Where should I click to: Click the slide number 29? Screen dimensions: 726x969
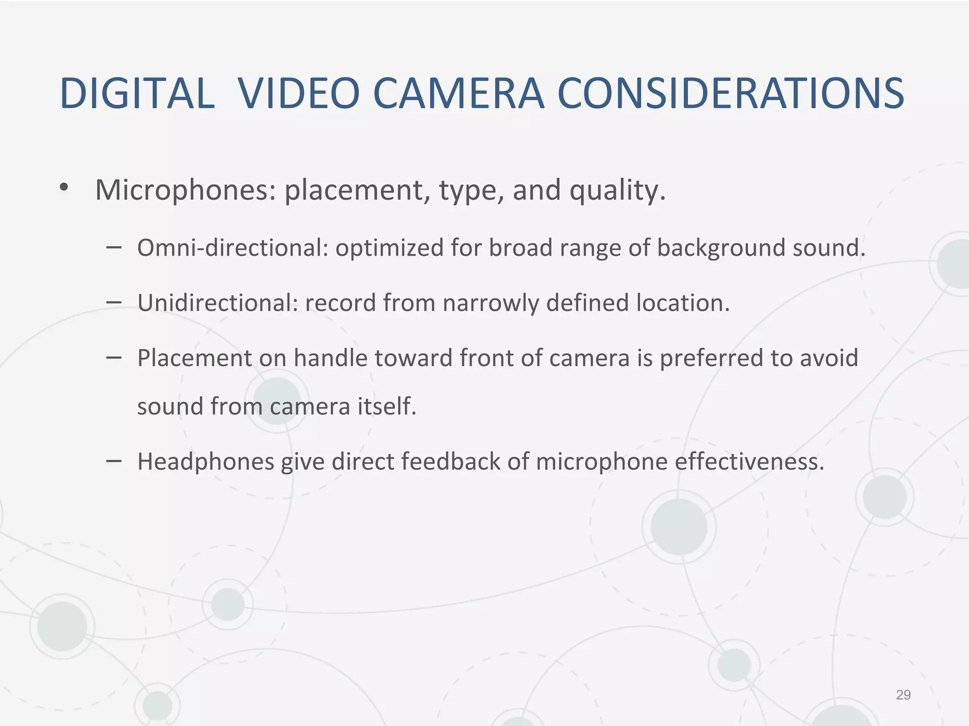(x=903, y=695)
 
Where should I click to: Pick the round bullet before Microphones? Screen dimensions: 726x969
(x=64, y=188)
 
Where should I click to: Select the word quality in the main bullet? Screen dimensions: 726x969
(x=617, y=191)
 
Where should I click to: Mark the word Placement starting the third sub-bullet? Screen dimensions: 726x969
(x=194, y=358)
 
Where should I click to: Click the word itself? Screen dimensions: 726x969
(x=387, y=406)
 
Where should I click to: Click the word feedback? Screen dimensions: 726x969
(x=450, y=461)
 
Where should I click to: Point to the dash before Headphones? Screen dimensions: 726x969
(x=114, y=461)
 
